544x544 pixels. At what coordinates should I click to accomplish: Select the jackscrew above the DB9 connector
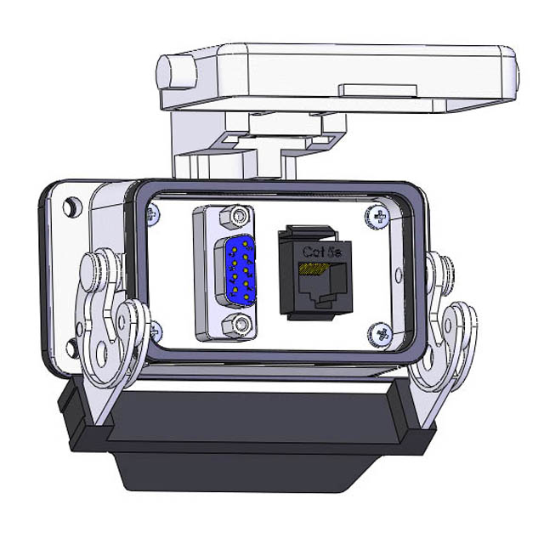click(235, 218)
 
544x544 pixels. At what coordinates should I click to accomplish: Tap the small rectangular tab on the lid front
click(377, 89)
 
